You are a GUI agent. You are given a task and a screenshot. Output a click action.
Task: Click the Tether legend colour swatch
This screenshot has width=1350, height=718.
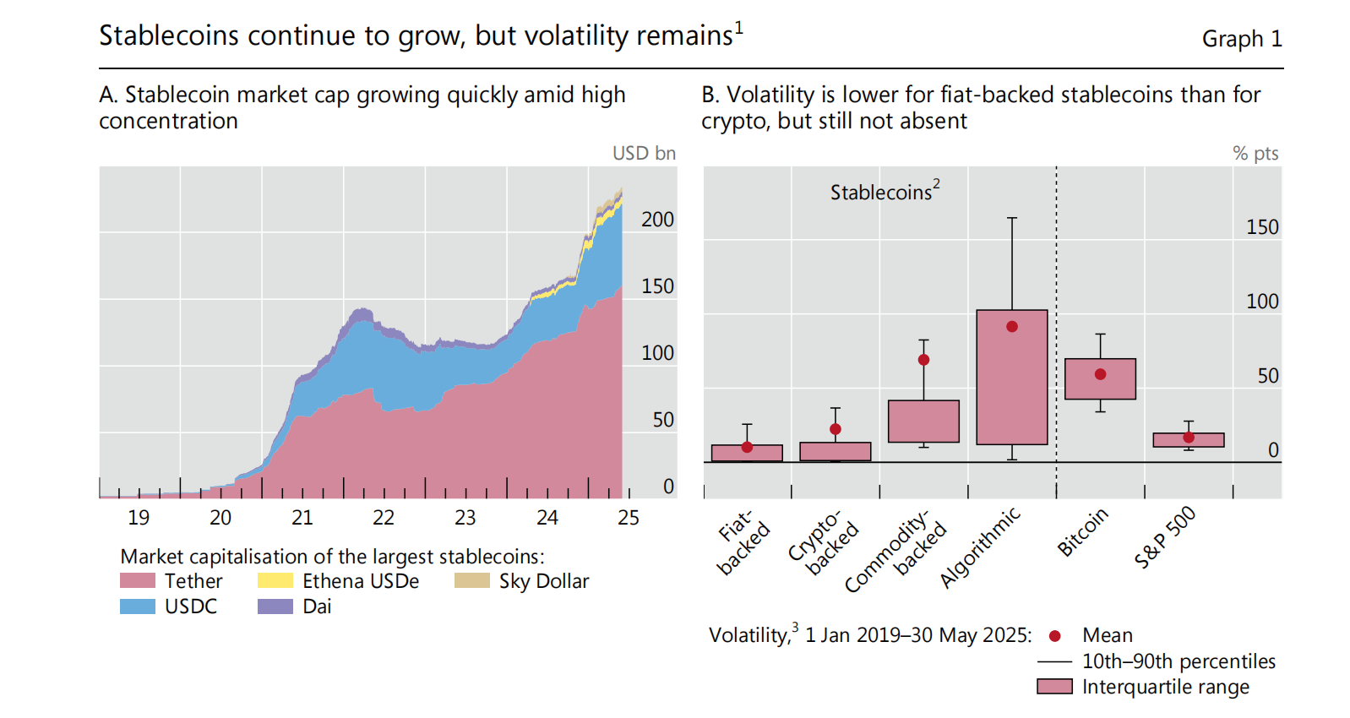(x=138, y=580)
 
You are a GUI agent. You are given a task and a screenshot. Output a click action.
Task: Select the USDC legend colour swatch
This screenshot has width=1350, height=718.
(x=138, y=606)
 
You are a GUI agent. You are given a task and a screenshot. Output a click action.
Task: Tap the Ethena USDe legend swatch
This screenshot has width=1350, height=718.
(x=275, y=580)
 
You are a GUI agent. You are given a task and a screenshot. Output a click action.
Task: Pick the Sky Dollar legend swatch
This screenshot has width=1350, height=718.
(x=471, y=580)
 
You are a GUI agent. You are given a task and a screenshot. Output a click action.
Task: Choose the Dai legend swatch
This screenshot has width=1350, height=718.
(x=275, y=606)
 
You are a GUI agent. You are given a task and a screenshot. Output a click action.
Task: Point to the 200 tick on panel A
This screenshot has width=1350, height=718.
(x=657, y=220)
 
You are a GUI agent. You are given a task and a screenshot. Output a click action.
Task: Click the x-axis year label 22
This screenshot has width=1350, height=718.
(x=384, y=518)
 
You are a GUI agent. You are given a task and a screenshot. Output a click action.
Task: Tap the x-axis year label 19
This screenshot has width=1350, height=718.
(x=139, y=518)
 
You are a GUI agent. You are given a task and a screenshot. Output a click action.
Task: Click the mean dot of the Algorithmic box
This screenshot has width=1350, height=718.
(x=1012, y=327)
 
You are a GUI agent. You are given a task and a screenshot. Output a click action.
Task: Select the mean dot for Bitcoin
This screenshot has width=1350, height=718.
(x=1100, y=374)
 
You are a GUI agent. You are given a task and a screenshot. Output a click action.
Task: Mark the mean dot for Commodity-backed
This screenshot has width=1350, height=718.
(x=923, y=360)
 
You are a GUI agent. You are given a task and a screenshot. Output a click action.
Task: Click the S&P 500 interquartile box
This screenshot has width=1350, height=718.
(x=1189, y=440)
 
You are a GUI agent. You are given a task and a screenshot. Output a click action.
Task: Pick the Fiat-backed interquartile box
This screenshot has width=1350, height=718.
(x=747, y=453)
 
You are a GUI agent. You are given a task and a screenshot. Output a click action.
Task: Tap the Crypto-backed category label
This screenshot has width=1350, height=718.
(x=823, y=541)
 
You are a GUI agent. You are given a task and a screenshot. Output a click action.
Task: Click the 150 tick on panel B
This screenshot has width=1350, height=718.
(x=1262, y=227)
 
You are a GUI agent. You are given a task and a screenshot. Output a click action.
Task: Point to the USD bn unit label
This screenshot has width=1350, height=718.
(x=644, y=153)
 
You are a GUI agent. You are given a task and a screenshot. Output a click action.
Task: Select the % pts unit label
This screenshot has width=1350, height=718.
(x=1255, y=153)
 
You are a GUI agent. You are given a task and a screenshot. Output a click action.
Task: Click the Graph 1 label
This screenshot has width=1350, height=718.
(x=1242, y=39)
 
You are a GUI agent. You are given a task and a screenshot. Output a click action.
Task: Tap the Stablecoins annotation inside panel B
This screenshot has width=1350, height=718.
(x=884, y=192)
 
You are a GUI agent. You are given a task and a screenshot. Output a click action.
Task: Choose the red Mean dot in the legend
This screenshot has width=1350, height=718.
(x=1054, y=636)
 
